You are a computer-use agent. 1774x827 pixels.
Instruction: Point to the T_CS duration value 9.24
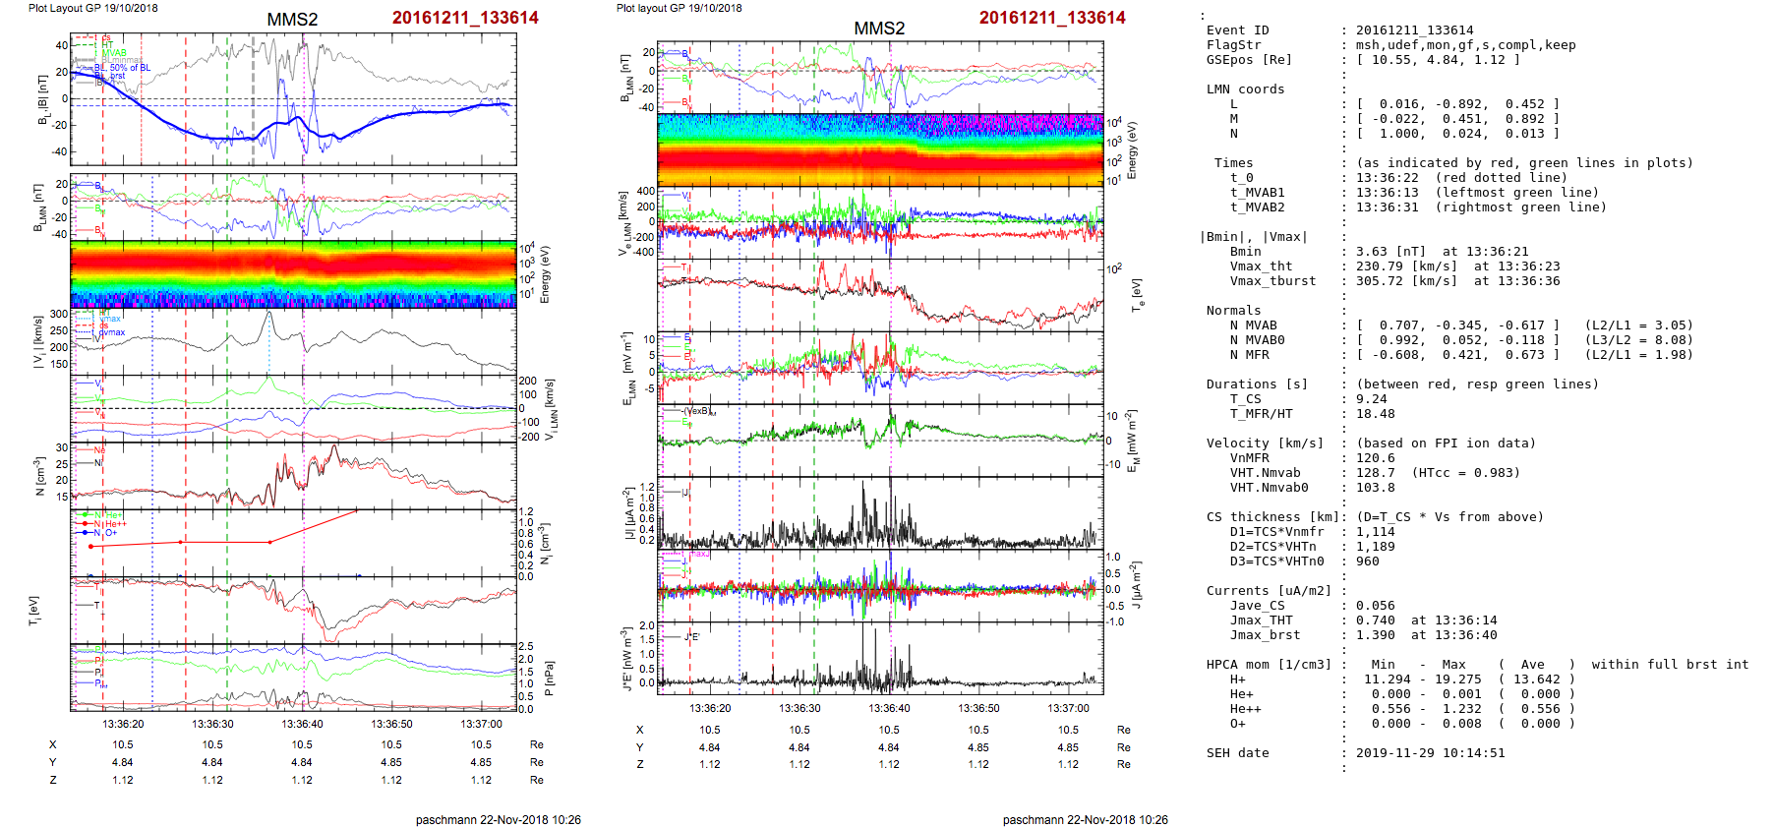1371,399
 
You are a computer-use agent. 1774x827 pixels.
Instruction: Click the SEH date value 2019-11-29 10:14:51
1430,753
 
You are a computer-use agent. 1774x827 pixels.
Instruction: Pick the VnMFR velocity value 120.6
1375,458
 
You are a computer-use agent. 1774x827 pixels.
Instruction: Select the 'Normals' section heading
1233,311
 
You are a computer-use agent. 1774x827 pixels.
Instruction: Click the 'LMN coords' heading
1245,89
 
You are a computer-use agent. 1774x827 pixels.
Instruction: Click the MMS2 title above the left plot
292,20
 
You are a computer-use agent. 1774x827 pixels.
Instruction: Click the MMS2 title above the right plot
879,29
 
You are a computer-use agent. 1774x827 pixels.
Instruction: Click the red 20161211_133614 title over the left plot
465,18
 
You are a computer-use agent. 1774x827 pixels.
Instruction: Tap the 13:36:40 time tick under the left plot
302,724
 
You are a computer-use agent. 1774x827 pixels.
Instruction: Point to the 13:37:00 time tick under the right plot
1068,708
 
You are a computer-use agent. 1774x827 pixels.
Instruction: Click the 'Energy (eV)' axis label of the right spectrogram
1132,150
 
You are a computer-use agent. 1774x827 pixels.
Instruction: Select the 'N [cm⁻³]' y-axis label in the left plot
39,476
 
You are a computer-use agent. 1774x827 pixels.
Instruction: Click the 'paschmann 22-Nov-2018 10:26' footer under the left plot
498,819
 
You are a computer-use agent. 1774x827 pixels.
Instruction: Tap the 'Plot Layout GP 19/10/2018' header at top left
92,8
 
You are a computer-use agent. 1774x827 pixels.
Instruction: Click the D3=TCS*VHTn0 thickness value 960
1367,561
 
